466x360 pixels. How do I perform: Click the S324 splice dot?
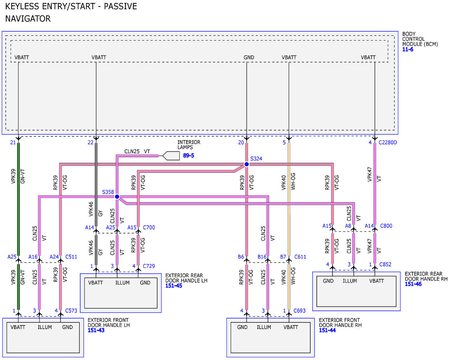point(247,164)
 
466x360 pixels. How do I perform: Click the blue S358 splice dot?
point(117,197)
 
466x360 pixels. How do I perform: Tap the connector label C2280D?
point(388,143)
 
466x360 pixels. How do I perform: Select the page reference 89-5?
point(188,155)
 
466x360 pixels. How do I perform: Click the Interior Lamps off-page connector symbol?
point(171,156)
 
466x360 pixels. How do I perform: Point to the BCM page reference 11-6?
point(407,49)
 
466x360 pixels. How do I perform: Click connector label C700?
point(149,227)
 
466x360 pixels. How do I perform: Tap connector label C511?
point(71,257)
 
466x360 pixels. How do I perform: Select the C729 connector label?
point(149,266)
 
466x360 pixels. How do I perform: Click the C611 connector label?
point(300,257)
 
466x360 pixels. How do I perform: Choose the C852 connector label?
point(385,264)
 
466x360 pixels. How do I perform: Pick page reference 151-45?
point(174,285)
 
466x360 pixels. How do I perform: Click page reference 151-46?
point(413,284)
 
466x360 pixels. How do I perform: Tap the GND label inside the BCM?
point(249,57)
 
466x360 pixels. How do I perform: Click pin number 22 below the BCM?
point(90,143)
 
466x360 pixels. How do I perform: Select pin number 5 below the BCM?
point(284,143)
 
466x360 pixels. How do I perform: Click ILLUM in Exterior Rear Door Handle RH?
point(349,281)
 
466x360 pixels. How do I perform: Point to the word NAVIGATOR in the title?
point(28,19)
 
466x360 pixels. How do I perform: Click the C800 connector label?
point(386,226)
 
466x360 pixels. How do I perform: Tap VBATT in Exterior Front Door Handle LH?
point(18,327)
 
